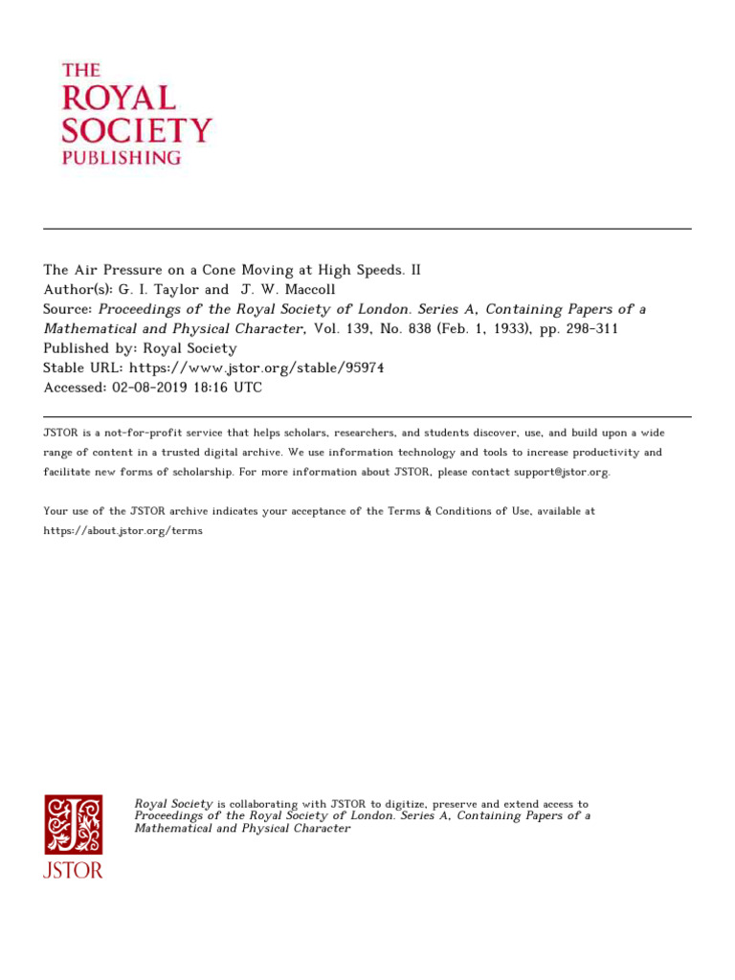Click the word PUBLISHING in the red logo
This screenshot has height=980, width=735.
pos(121,157)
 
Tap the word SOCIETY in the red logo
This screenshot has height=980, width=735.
pos(136,129)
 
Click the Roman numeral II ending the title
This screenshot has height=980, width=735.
pos(415,270)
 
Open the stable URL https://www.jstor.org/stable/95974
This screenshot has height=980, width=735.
pos(256,367)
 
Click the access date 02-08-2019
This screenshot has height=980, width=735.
pos(154,388)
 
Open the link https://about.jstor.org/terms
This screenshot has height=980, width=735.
pos(122,530)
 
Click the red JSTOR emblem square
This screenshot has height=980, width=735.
pos(73,824)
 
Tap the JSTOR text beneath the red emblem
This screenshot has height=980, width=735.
pos(73,871)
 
